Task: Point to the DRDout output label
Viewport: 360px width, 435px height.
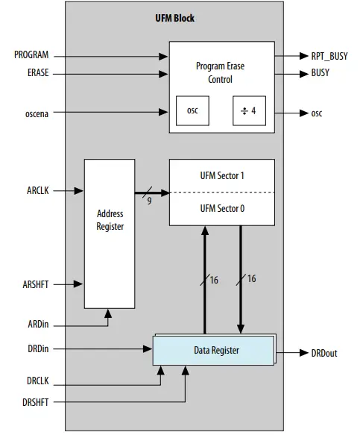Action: point(323,353)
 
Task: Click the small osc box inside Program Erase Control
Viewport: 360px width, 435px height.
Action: point(193,111)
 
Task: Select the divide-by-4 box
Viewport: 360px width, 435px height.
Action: point(248,111)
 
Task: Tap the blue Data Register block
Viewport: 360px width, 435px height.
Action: point(213,349)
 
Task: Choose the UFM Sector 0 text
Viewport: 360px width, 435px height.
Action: point(221,209)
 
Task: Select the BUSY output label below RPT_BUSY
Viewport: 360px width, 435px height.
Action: point(320,73)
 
